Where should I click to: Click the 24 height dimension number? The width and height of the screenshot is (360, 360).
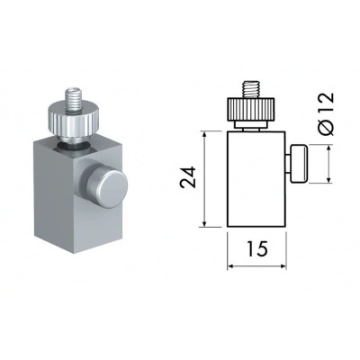(x=187, y=177)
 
